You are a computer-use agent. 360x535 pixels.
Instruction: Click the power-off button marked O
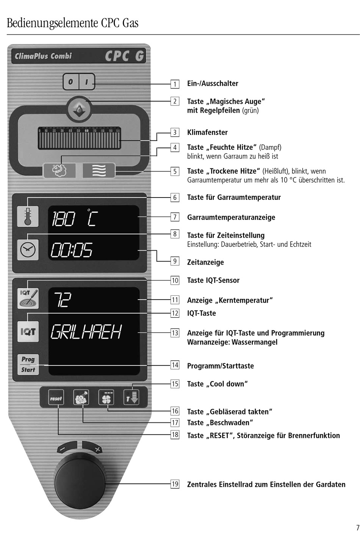[x=70, y=82]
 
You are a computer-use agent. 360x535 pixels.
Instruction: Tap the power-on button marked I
[x=87, y=82]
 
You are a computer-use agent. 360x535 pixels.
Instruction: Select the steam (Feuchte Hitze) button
[x=59, y=170]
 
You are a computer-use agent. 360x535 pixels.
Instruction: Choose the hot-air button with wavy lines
[x=99, y=170]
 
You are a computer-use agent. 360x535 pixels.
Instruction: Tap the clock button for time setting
[x=28, y=249]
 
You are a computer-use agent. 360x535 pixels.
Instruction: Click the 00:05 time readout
[x=72, y=250]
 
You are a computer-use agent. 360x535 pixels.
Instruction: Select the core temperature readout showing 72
[x=63, y=300]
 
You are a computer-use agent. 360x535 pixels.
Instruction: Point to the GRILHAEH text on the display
[x=86, y=332]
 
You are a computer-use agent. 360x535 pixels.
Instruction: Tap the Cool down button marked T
[x=131, y=398]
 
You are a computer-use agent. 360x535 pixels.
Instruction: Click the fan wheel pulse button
[x=106, y=398]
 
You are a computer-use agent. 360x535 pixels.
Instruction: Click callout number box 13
[x=175, y=333]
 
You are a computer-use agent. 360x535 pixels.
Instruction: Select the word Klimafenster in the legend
[x=207, y=132]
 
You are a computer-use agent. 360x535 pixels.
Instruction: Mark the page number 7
[x=357, y=527]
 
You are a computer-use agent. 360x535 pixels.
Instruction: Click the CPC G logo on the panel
[x=124, y=56]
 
